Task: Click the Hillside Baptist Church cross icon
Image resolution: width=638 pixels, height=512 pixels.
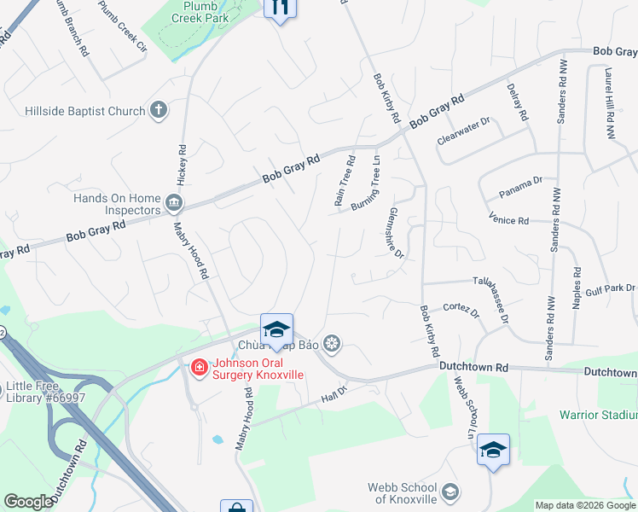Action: click(158, 110)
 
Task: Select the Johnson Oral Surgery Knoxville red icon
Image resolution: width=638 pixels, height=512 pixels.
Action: click(199, 368)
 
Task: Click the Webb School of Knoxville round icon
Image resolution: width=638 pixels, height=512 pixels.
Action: click(450, 492)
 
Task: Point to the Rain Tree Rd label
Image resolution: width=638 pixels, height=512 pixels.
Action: click(344, 181)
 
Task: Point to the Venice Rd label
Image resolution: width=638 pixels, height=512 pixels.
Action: click(510, 221)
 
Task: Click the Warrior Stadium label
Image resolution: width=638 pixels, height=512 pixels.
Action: click(597, 415)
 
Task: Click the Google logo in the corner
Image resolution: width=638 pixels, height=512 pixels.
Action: click(28, 502)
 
